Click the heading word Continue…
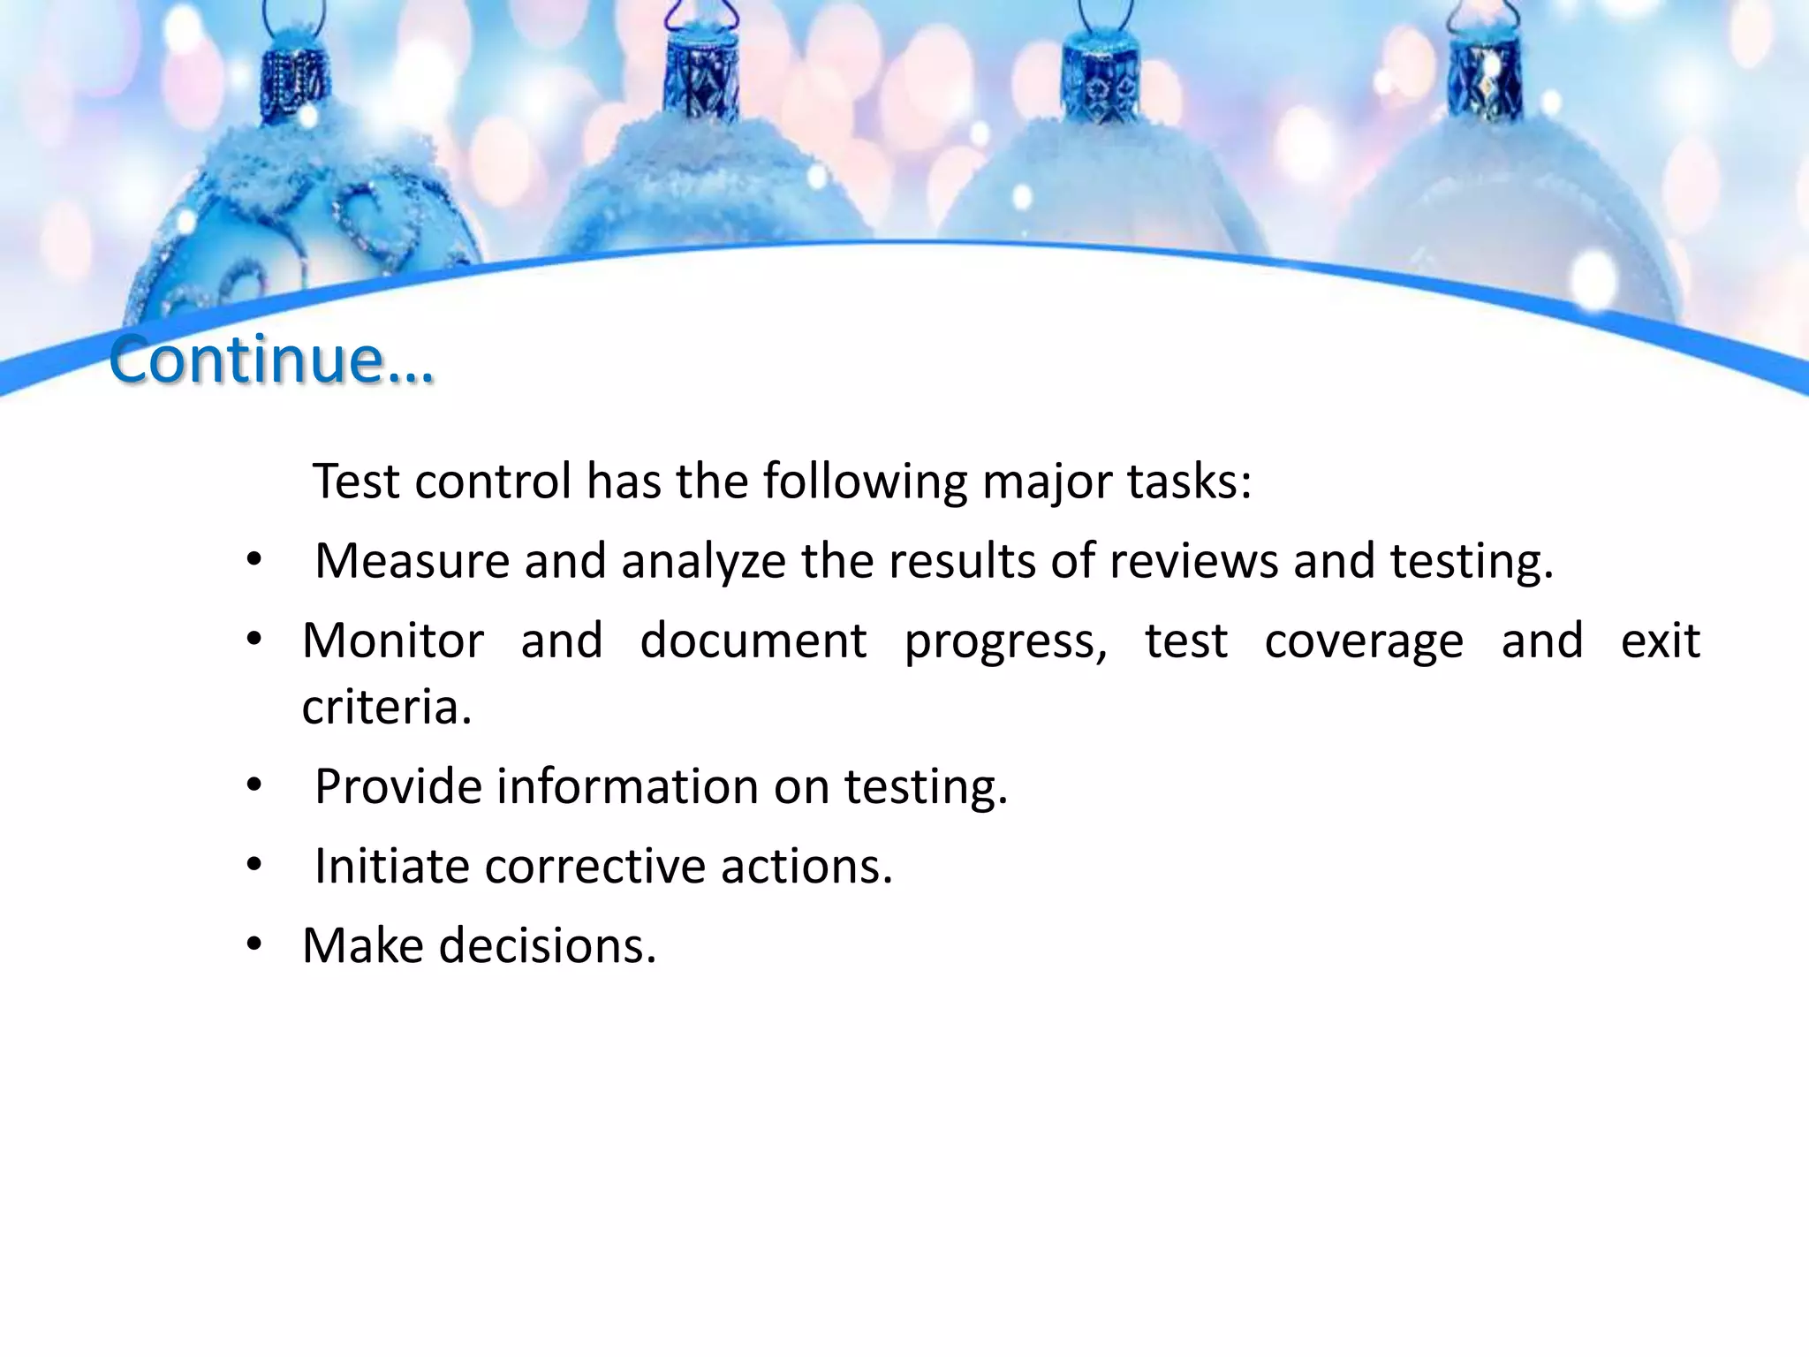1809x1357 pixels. pos(271,360)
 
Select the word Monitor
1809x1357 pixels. pos(393,641)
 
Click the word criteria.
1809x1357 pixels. pos(387,708)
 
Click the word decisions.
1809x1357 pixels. pos(548,945)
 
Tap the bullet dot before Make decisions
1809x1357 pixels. pos(254,944)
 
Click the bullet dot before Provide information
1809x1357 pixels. pos(254,785)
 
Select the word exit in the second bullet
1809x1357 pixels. pos(1660,641)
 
